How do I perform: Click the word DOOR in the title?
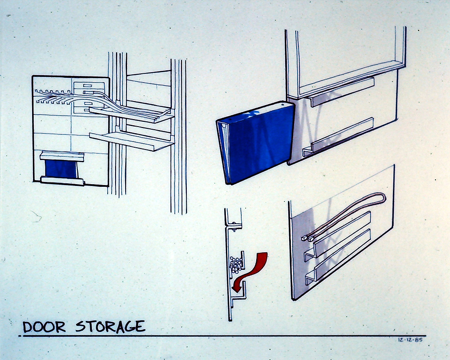44,327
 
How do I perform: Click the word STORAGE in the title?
110,327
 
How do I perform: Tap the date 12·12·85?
410,340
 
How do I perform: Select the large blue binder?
255,143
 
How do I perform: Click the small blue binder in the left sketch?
61,169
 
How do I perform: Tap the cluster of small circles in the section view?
236,265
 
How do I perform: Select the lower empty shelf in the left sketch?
132,141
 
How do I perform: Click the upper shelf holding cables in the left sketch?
131,114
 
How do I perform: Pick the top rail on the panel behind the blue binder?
341,92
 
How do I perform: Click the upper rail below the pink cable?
337,236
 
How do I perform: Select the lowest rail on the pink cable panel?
337,257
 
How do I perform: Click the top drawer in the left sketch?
89,85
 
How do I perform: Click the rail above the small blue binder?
62,157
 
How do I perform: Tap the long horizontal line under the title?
222,335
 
